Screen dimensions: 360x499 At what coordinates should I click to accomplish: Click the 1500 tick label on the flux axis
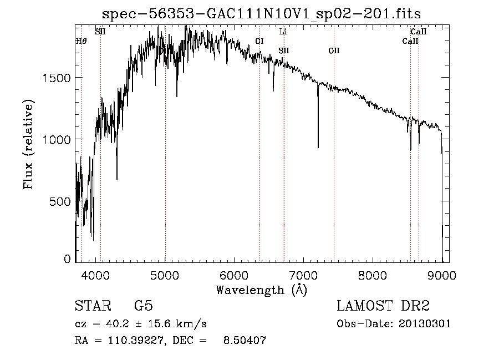(57, 78)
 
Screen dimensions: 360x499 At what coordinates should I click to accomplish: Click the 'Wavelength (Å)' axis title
(261, 289)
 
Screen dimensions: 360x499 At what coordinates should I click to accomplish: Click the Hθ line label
(80, 41)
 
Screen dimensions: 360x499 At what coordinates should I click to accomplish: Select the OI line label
(259, 41)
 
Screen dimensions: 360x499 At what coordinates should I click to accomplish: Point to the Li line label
(283, 32)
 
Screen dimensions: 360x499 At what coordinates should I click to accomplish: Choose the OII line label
(334, 50)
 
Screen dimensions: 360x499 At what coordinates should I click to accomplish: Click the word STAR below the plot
(89, 307)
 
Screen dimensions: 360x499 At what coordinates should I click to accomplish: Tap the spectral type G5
(144, 307)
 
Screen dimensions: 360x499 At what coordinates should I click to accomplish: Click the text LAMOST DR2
(383, 307)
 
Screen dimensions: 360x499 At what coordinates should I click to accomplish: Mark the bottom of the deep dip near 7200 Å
(318, 148)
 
